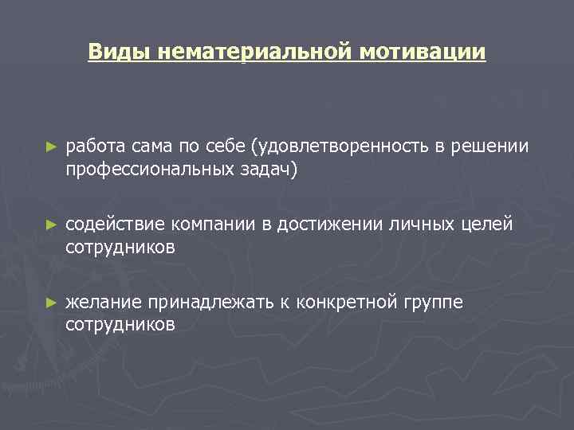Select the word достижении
(336, 225)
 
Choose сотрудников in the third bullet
(120, 324)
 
